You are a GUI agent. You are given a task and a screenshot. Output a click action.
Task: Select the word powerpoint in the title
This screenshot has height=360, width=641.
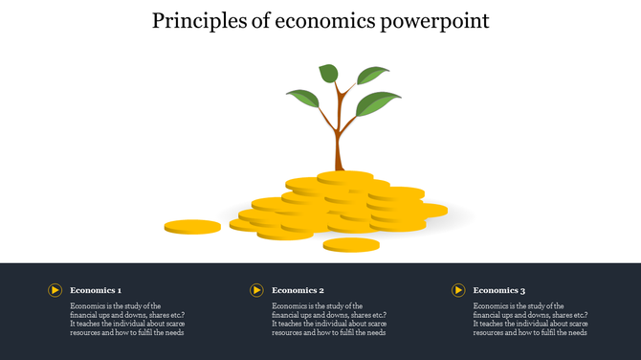pos(439,20)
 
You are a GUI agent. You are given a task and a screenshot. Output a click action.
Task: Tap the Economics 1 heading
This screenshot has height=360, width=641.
pos(96,290)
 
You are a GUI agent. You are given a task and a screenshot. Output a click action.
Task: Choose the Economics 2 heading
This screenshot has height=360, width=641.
pos(298,290)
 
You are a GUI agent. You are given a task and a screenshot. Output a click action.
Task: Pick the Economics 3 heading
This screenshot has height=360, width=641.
pos(499,290)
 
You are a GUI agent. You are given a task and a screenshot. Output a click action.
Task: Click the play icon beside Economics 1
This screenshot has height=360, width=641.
pos(55,290)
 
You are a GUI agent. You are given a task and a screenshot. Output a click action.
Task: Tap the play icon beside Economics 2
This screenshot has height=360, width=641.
pos(256,290)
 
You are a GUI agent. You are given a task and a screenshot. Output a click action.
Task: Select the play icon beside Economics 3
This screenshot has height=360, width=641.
pos(458,290)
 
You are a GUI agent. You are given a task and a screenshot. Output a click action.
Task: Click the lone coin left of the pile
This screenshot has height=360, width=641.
pos(192,227)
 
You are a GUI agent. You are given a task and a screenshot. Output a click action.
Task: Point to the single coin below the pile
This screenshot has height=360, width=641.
pos(351,245)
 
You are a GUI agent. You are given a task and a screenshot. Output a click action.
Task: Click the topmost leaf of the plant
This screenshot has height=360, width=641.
pos(328,73)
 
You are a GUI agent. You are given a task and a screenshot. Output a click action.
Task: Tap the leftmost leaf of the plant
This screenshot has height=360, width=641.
pos(302,97)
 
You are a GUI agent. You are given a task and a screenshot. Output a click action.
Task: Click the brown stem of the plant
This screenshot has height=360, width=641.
pos(338,144)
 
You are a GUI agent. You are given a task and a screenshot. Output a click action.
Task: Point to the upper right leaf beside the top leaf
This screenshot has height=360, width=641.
pos(371,76)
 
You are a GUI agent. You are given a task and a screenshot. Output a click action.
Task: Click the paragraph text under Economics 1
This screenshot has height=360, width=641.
pos(126,320)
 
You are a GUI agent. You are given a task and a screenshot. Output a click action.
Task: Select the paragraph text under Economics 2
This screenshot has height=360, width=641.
pos(328,320)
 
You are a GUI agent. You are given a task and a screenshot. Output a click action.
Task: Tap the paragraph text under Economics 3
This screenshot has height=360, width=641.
pos(530,320)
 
